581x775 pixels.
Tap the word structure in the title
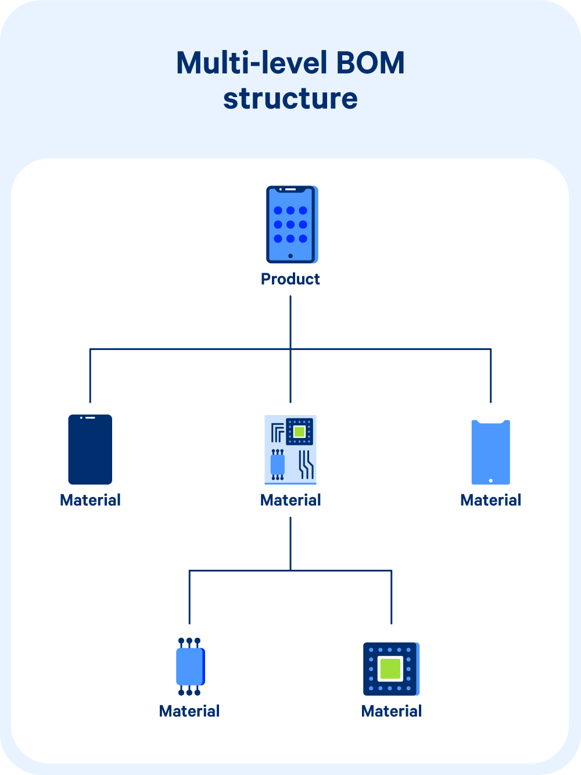pos(290,98)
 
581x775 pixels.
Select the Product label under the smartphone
pos(290,279)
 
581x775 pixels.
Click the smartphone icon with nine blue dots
pos(291,224)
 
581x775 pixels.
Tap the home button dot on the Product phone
pos(290,256)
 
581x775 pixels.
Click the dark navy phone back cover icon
pos(90,449)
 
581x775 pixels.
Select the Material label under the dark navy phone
pos(90,500)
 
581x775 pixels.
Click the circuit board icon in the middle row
pos(290,449)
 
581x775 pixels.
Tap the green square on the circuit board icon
pos(299,431)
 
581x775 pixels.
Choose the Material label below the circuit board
pos(290,500)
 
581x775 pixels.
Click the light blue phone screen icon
pos(491,452)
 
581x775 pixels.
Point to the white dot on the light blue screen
pos(491,480)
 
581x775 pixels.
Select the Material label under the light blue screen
pos(491,500)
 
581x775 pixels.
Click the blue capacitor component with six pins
pos(190,667)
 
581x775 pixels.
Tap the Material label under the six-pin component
pos(189,711)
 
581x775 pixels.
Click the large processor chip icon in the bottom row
pos(391,669)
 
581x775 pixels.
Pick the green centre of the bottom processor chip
pos(390,669)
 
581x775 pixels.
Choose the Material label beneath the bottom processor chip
pos(392,711)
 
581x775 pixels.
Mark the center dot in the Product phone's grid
pos(290,224)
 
